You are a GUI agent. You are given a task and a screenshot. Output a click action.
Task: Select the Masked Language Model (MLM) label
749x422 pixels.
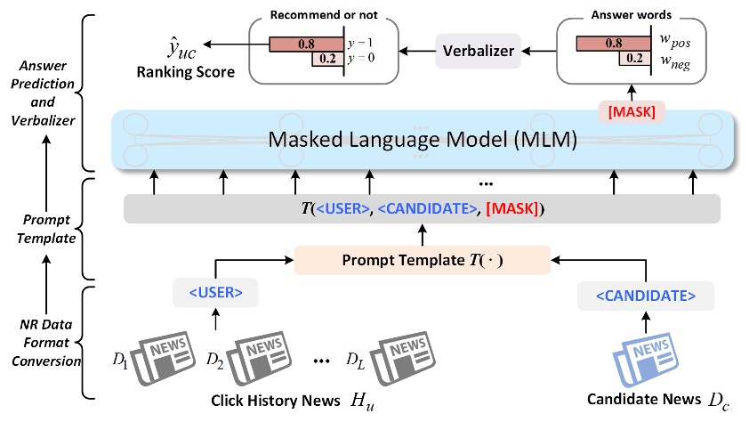422,141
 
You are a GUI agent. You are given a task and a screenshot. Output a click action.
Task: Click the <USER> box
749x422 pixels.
213,293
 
